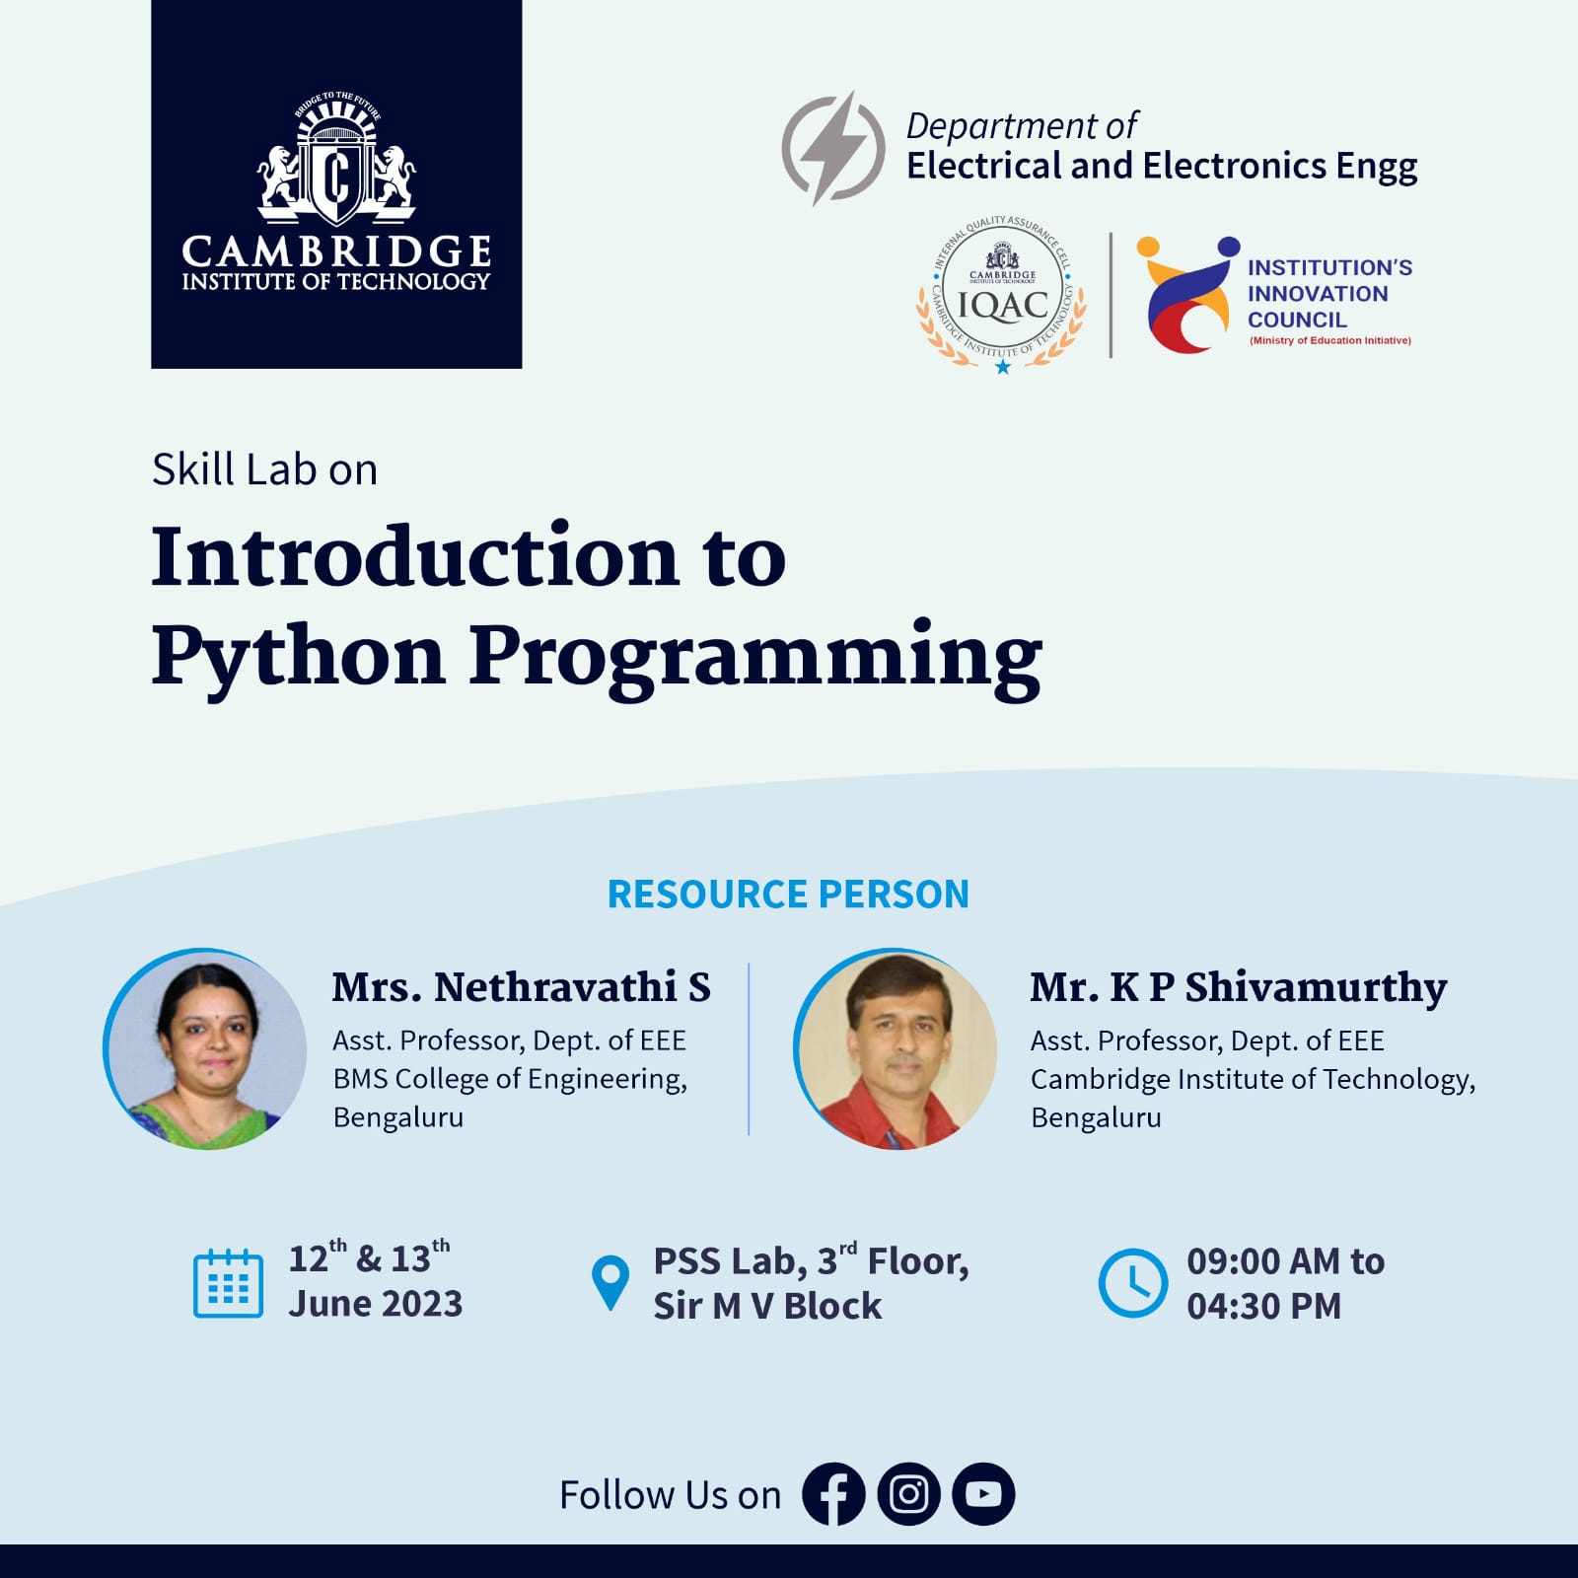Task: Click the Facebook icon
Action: point(833,1494)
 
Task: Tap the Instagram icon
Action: point(908,1494)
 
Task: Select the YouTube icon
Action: point(983,1494)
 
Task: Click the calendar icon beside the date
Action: point(228,1283)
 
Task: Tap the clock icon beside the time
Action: point(1133,1283)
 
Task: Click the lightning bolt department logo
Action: point(833,148)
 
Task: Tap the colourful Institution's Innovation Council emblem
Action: point(1186,294)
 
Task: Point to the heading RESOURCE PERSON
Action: point(788,895)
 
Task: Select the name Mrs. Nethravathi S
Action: point(521,987)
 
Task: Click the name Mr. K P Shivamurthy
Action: point(1239,987)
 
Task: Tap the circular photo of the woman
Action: point(205,1049)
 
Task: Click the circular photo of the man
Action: point(896,1049)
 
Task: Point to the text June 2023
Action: point(375,1304)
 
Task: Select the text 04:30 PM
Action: point(1263,1306)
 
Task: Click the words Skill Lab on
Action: point(264,469)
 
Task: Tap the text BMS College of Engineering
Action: point(509,1079)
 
